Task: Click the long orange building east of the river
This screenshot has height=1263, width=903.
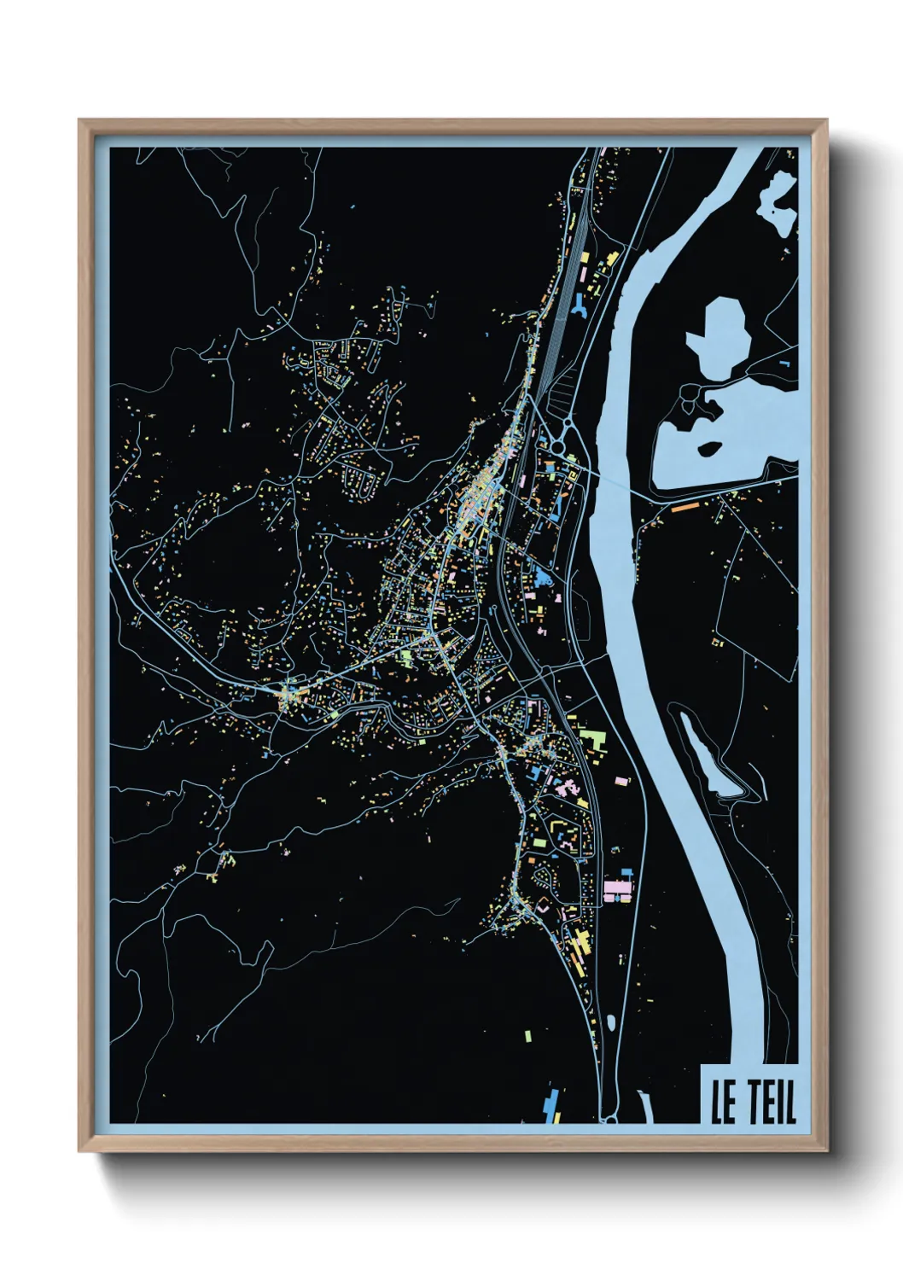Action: click(685, 507)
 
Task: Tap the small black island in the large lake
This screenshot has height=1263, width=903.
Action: click(708, 447)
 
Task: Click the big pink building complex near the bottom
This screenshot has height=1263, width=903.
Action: click(618, 890)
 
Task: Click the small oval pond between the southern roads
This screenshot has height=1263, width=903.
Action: click(611, 1021)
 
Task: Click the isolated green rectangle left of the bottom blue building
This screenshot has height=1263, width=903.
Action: click(527, 1036)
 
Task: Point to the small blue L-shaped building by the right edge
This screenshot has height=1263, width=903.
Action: click(784, 364)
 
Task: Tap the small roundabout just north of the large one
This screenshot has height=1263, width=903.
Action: click(566, 419)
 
